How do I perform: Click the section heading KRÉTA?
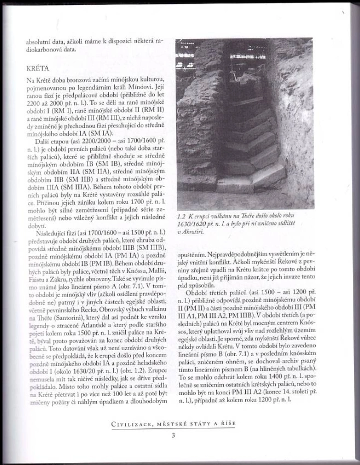tap(38, 70)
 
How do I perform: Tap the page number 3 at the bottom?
tap(173, 436)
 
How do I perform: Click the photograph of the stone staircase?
tap(245, 125)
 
